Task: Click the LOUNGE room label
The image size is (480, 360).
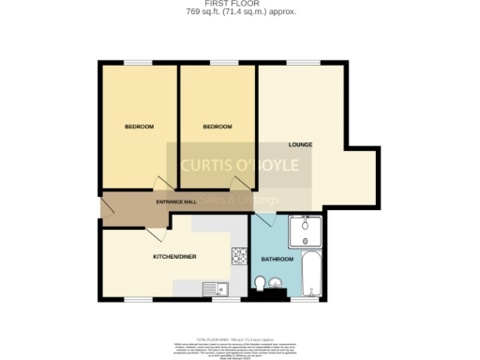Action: coord(301,144)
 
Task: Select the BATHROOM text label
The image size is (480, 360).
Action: coord(277,259)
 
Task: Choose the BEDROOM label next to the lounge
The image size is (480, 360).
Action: coord(217,127)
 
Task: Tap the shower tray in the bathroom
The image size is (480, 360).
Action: coord(307,231)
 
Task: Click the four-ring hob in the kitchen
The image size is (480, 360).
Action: coord(239,252)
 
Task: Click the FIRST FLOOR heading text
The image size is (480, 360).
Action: coord(239,4)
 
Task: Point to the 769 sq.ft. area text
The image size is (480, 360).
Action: coord(239,12)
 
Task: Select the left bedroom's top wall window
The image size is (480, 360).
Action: coord(138,63)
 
